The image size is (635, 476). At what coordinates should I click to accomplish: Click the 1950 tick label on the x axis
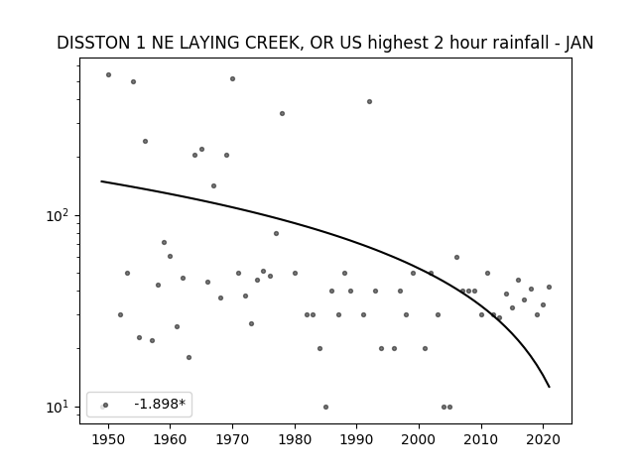(108, 439)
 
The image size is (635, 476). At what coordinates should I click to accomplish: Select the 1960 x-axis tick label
(170, 439)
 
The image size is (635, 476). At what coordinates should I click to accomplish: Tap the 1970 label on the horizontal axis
(232, 439)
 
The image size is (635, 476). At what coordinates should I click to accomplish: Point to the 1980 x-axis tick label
(295, 439)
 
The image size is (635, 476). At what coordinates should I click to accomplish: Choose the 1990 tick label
(357, 439)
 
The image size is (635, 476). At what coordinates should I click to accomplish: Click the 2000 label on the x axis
(419, 439)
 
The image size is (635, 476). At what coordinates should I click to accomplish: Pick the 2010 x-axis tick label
(481, 439)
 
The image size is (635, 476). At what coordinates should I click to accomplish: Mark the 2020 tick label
(544, 439)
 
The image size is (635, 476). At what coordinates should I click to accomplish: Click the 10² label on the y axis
(61, 216)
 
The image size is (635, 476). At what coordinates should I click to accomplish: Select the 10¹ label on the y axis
(61, 408)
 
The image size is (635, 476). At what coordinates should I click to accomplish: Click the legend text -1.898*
(160, 404)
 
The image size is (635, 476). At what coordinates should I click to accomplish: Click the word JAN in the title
(579, 43)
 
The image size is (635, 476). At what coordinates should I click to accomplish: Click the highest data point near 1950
(108, 75)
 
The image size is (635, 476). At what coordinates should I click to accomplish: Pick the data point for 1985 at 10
(326, 408)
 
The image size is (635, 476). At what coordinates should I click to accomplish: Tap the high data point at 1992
(370, 101)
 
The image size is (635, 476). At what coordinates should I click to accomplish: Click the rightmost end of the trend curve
(549, 388)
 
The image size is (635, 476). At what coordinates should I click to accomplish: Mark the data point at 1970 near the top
(232, 79)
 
